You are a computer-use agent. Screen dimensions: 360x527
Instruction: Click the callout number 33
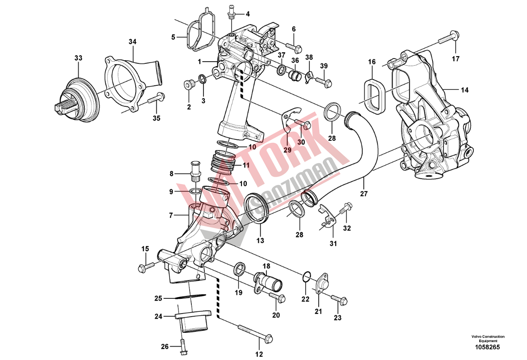click(x=79, y=58)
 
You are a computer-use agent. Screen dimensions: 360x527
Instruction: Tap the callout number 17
click(x=455, y=59)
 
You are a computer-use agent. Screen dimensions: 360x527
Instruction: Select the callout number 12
click(x=259, y=355)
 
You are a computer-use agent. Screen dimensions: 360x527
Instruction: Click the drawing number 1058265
click(x=488, y=347)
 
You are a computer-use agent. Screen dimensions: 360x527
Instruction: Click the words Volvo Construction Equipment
click(x=488, y=339)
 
